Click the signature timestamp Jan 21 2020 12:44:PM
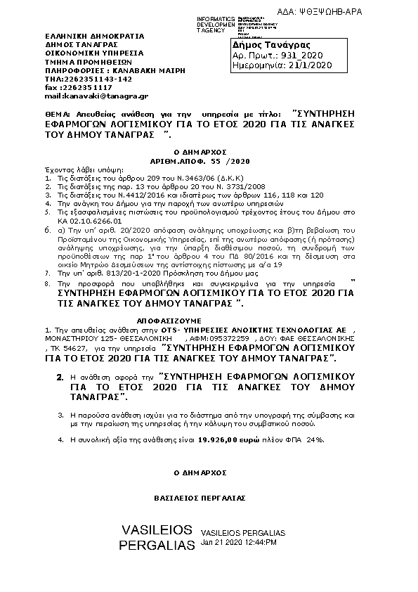point(239,543)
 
